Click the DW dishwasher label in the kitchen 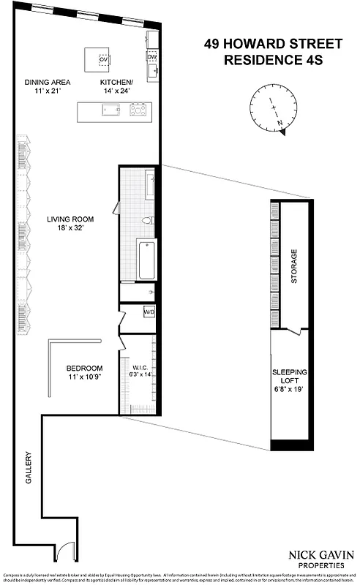click(151, 56)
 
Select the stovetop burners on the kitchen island click(138, 110)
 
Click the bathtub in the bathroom click(147, 260)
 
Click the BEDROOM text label click(84, 368)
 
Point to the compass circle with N click(271, 109)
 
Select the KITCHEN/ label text click(116, 83)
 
